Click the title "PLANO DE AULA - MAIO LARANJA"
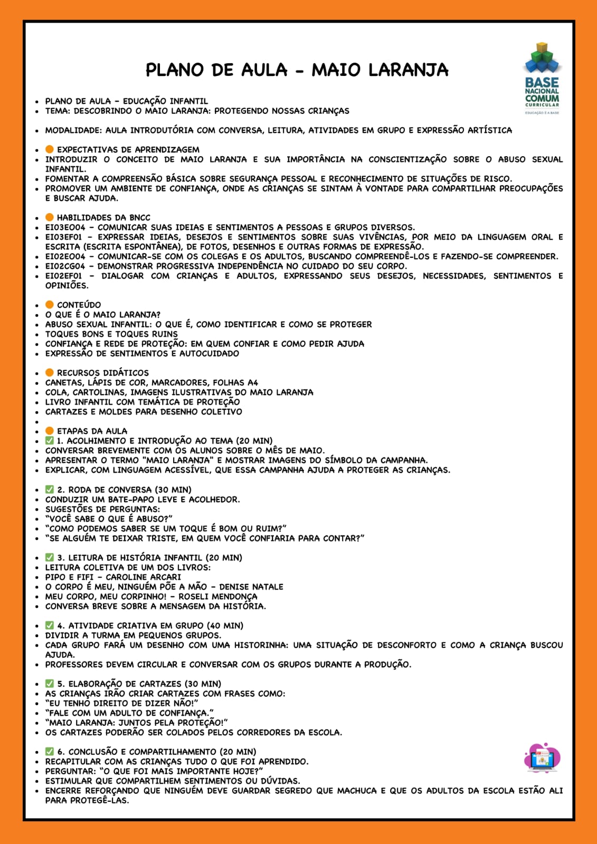point(297,70)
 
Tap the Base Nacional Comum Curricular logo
point(542,79)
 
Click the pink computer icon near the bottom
point(542,759)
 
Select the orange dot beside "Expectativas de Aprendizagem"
point(50,149)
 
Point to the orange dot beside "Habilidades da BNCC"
point(50,217)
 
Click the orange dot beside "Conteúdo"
point(50,304)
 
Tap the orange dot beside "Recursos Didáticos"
point(50,372)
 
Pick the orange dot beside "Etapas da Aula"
point(50,431)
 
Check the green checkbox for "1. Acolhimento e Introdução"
point(50,440)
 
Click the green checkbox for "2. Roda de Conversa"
point(50,490)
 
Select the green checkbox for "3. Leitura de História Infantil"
point(50,558)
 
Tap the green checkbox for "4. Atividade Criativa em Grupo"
point(50,625)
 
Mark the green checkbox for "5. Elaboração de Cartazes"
point(50,684)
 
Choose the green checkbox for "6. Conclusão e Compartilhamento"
point(50,751)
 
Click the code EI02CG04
point(65,266)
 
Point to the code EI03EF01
point(64,237)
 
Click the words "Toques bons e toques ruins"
point(111,334)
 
